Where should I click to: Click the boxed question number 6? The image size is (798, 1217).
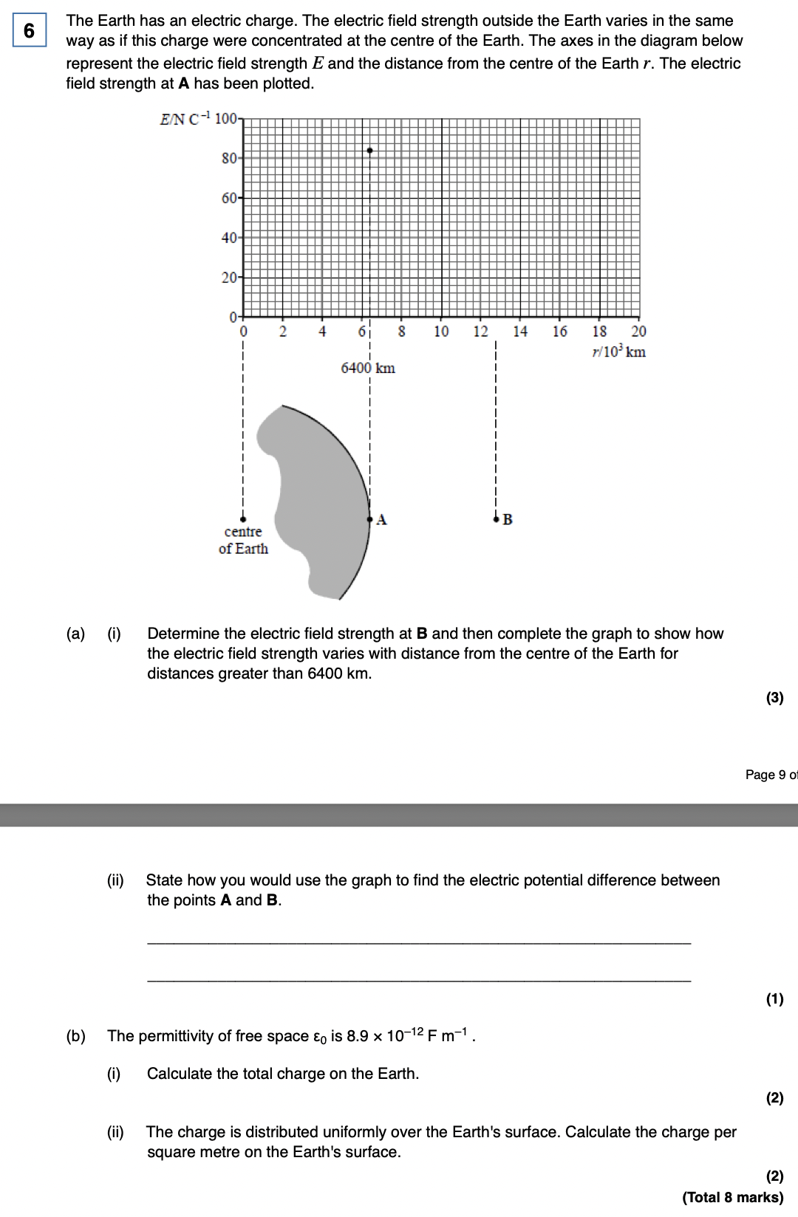[x=30, y=30]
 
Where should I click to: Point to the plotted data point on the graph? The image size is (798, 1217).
[x=369, y=151]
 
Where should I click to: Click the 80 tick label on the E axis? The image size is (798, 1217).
[x=229, y=158]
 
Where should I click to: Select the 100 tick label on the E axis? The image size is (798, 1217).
[x=226, y=118]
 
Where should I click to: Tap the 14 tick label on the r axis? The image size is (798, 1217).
[x=520, y=332]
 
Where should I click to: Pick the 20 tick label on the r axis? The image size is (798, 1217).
[x=638, y=332]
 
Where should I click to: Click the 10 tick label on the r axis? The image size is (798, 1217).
[x=441, y=332]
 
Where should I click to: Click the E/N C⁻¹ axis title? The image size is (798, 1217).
[x=185, y=119]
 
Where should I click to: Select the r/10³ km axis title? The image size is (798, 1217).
[x=618, y=352]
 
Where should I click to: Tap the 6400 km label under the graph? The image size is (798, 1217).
[x=368, y=368]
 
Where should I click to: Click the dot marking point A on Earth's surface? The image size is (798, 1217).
[x=369, y=519]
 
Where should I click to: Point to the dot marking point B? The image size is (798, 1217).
[x=496, y=519]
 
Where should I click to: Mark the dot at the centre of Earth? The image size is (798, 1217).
[x=243, y=519]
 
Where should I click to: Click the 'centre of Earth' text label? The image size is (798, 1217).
[x=243, y=540]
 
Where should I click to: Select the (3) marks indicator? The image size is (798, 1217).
[x=774, y=698]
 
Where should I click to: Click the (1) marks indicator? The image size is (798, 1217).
[x=774, y=999]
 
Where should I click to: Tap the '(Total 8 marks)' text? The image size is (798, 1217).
[x=732, y=1197]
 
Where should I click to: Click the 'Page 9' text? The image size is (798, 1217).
[x=765, y=775]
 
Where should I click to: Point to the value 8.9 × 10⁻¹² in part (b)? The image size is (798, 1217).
[x=385, y=1035]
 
